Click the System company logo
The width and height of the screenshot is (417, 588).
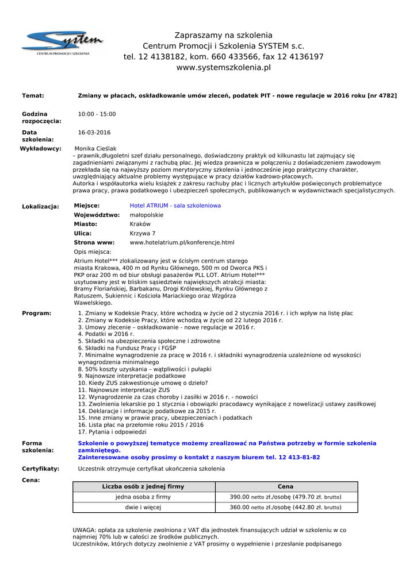tap(63, 42)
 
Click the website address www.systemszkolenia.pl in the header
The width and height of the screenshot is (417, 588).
tap(223, 68)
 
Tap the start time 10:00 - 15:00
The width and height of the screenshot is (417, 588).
tap(97, 114)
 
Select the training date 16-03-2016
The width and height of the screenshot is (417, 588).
tap(94, 133)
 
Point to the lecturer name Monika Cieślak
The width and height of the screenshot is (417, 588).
tap(95, 149)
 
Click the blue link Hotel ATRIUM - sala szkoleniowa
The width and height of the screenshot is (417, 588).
tap(175, 206)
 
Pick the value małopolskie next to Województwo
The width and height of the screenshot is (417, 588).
tap(147, 215)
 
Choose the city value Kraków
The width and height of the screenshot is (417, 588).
tap(140, 224)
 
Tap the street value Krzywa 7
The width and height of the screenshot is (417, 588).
tap(142, 233)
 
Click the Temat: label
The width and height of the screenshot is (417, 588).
tap(33, 95)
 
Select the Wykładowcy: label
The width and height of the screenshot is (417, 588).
tap(40, 149)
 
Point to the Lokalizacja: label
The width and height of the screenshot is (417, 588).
tap(40, 206)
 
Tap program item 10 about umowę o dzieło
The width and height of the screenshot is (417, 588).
tap(143, 382)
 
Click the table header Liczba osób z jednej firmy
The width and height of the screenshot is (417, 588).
tap(143, 486)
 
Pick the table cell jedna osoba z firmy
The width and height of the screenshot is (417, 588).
tap(143, 497)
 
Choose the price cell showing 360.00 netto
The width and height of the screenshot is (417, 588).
tap(285, 507)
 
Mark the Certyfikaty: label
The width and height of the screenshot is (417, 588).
tap(40, 469)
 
